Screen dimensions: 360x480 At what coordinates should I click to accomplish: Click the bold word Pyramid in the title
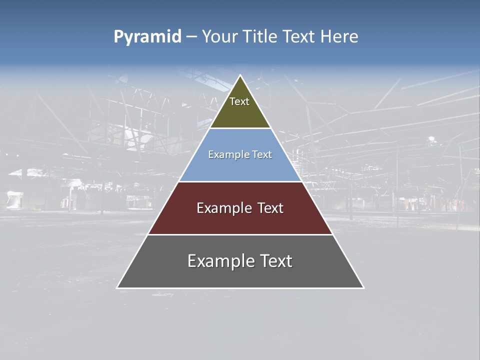tap(147, 37)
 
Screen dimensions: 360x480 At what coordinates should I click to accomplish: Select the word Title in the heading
tap(261, 36)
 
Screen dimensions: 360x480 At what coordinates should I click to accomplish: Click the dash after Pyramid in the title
tap(191, 37)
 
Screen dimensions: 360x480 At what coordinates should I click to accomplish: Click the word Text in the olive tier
tap(239, 101)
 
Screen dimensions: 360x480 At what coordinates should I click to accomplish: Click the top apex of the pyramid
tap(240, 75)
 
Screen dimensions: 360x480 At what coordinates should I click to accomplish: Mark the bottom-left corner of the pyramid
tap(117, 288)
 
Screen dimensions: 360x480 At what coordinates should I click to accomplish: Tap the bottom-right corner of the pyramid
tap(364, 288)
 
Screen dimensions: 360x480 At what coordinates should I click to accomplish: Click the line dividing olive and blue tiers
tap(240, 128)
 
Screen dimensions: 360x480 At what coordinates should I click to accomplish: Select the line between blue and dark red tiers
tap(240, 181)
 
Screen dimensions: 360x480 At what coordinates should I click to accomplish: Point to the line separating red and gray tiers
tap(240, 234)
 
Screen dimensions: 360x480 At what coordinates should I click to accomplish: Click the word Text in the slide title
tap(298, 36)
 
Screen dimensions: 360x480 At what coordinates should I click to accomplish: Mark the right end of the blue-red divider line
tap(302, 181)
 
